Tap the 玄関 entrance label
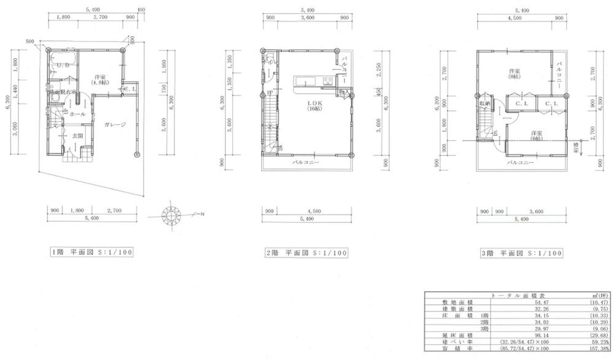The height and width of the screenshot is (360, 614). (77, 135)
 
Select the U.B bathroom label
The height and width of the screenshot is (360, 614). (62, 65)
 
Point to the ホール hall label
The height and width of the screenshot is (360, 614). (77, 114)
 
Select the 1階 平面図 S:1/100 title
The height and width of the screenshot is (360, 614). (91, 252)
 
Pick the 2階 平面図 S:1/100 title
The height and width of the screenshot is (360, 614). (306, 252)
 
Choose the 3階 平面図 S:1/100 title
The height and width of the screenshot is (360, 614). (521, 252)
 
